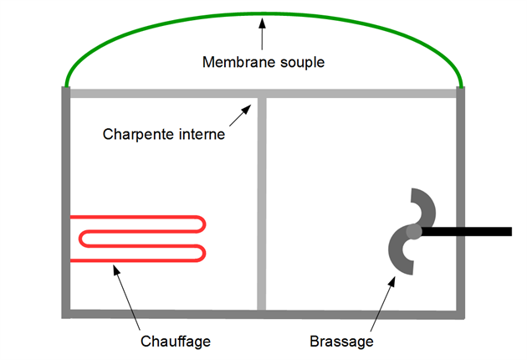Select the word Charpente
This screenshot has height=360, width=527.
pos(139,135)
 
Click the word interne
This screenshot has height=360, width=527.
pos(202,134)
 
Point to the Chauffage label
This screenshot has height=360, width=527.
pos(176,342)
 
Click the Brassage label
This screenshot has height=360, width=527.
pos(341,342)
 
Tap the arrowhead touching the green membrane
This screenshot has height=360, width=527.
pos(262,23)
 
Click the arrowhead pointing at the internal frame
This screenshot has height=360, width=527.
pos(247,110)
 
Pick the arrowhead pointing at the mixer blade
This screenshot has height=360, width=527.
pos(391,281)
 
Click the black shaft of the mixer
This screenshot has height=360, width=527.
pos(467,231)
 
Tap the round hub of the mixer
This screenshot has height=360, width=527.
pos(414,231)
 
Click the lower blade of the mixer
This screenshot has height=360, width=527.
pos(397,255)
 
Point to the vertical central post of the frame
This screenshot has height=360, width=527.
pos(262,203)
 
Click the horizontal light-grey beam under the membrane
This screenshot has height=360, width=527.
pos(263,94)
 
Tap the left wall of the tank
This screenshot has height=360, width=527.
pos(66,202)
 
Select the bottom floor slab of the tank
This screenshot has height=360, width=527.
pos(263,314)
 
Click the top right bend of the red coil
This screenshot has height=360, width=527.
pos(200,224)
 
